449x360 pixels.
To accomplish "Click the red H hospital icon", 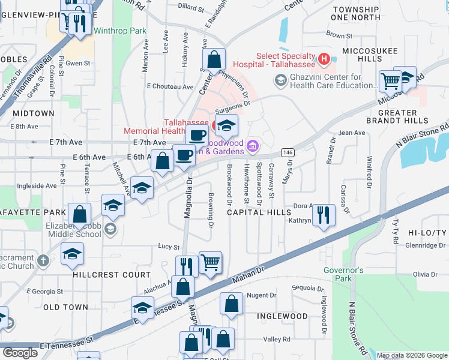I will click(x=324, y=59).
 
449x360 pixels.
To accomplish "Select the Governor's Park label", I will click(x=343, y=274).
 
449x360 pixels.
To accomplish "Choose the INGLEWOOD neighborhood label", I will click(x=282, y=316).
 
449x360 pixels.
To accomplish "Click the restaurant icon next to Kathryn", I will click(x=324, y=215).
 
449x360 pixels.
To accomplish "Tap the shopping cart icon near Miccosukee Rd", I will click(x=390, y=80).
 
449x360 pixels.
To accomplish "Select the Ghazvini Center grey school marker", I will click(x=280, y=80).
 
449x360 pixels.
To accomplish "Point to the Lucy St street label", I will click(x=169, y=247).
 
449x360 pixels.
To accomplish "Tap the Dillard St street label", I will click(x=192, y=8).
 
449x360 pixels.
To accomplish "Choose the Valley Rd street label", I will click(x=277, y=340).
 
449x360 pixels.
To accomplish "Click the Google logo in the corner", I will click(x=20, y=353).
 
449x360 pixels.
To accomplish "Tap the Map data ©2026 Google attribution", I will click(x=412, y=356).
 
